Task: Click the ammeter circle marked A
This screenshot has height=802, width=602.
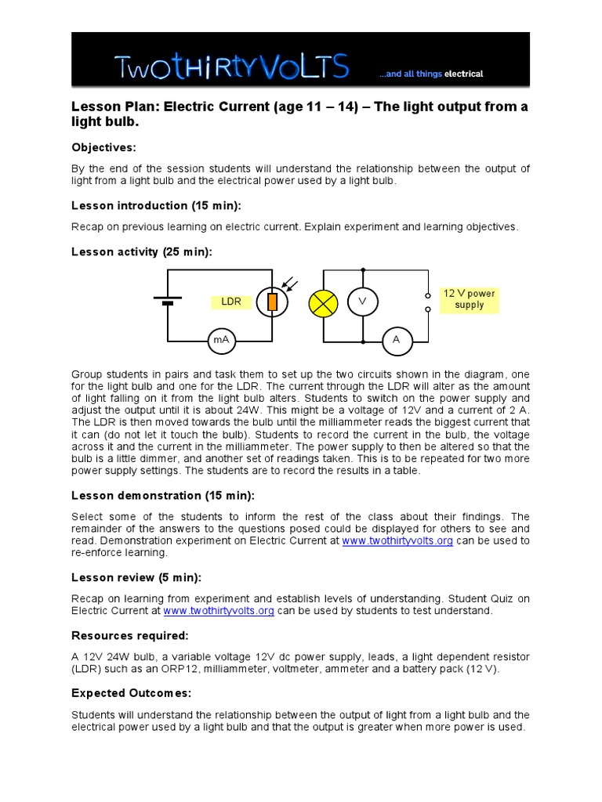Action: pyautogui.click(x=396, y=340)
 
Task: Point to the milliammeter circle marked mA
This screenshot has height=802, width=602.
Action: pyautogui.click(x=221, y=340)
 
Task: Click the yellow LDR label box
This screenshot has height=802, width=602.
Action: pyautogui.click(x=231, y=302)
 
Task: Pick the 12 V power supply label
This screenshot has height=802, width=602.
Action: pyautogui.click(x=469, y=299)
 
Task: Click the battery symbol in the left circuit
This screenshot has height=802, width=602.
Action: pyautogui.click(x=167, y=301)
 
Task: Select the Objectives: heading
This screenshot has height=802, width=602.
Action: pyautogui.click(x=103, y=147)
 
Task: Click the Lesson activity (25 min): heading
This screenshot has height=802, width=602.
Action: pyautogui.click(x=142, y=251)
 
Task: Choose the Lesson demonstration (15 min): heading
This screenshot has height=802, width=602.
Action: pyautogui.click(x=163, y=496)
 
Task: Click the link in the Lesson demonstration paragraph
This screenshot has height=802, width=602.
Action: pyautogui.click(x=397, y=541)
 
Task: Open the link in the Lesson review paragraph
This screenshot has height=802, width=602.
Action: pyautogui.click(x=218, y=611)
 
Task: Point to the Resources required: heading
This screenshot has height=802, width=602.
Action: pyautogui.click(x=130, y=635)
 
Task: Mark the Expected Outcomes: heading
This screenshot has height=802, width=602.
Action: pyautogui.click(x=132, y=693)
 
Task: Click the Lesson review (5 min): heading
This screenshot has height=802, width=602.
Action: pyautogui.click(x=136, y=577)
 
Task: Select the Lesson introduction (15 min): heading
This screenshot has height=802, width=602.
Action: pyautogui.click(x=157, y=206)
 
